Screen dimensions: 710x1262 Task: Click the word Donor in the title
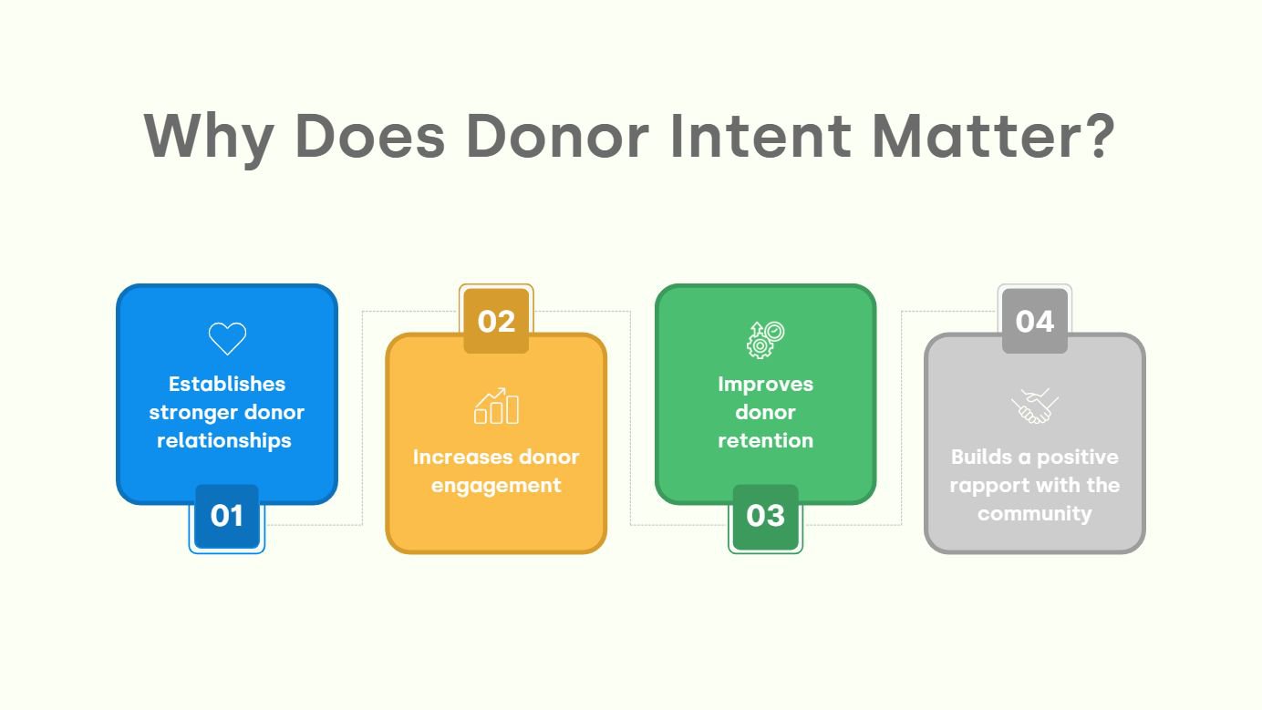[x=556, y=137]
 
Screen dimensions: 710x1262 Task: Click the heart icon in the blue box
[x=227, y=338]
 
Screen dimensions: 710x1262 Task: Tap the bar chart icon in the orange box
[x=496, y=406]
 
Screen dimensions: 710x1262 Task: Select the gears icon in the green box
[x=765, y=339]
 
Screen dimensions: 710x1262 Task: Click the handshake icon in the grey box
[x=1034, y=406]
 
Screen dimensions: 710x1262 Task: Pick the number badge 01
[x=227, y=516]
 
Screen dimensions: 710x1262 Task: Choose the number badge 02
[x=496, y=321]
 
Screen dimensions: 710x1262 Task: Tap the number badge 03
[x=765, y=516]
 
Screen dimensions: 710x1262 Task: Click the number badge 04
[x=1034, y=321]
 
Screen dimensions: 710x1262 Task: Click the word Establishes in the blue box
[x=227, y=384]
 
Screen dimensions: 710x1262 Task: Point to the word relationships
[x=224, y=440]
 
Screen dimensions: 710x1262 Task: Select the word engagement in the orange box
[x=496, y=486]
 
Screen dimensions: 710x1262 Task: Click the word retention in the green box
[x=765, y=440]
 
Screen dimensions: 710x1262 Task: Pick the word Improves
[x=765, y=384]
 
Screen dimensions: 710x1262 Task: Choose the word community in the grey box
[x=1034, y=513]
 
